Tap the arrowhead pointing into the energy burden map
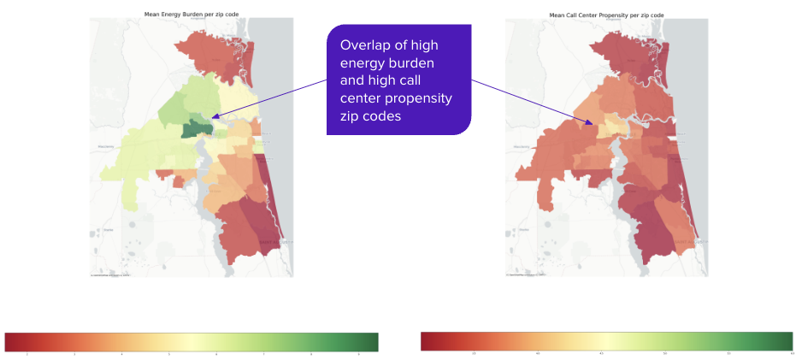215,116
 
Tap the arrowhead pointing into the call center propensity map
590,124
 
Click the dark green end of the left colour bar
372,341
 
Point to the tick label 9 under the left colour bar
358,354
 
